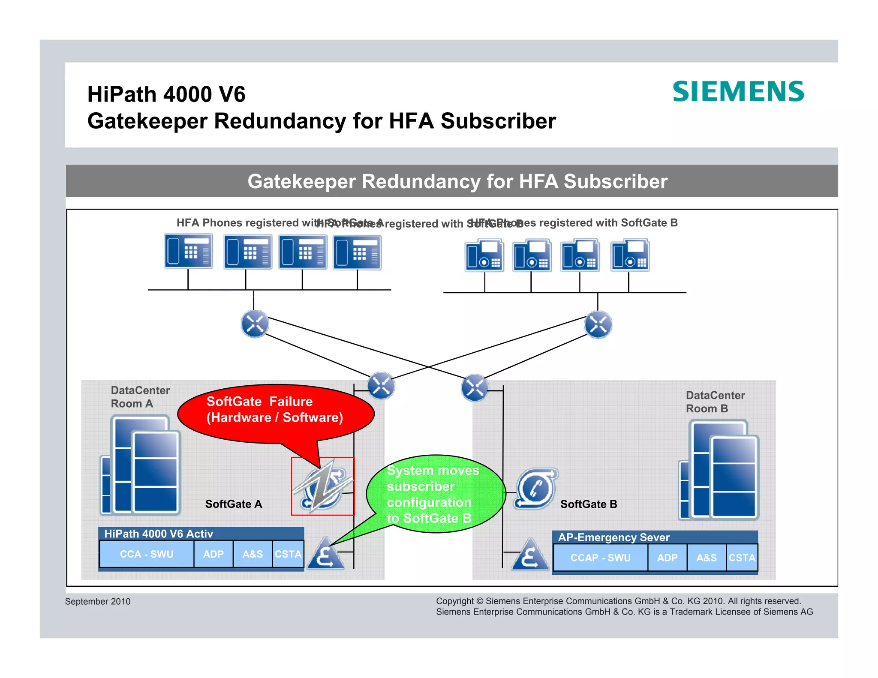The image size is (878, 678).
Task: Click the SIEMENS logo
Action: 738,92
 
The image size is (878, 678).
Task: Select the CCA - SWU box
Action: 147,554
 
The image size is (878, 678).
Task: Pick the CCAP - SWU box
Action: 600,558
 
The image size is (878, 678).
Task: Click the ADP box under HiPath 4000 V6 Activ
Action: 213,554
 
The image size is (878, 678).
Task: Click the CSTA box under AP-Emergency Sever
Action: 742,558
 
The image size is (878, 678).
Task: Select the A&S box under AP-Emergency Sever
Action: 706,558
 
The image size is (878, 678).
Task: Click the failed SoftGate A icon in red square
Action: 323,486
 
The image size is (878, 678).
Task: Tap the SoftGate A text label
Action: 233,504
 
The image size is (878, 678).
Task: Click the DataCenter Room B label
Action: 715,402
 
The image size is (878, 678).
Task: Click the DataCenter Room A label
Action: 140,397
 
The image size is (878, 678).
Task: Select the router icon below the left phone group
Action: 255,324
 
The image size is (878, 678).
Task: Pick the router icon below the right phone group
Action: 598,324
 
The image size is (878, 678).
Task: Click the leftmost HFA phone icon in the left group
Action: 188,251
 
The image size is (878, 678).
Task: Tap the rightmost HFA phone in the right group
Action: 630,256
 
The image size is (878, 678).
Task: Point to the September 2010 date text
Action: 98,601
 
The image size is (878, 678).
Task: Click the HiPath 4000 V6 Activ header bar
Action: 201,534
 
